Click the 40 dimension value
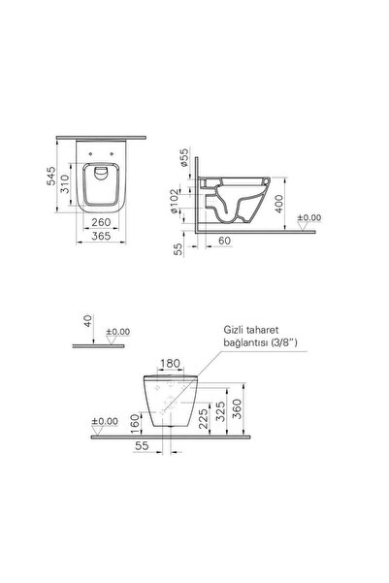click(x=88, y=320)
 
